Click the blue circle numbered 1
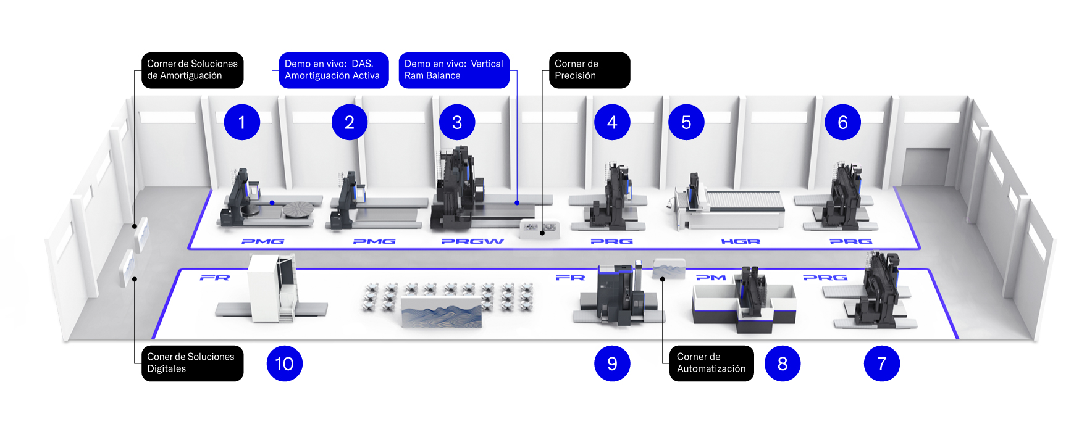point(241,122)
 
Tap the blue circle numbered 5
point(686,122)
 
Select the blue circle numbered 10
point(284,363)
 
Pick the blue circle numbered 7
point(881,363)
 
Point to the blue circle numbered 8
point(782,363)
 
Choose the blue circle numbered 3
point(457,122)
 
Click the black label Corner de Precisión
point(589,70)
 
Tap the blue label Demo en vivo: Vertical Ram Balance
point(454,70)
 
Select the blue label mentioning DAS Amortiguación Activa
point(334,70)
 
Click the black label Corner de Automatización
point(711,363)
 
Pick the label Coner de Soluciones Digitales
point(192,363)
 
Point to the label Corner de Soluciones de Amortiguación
point(192,70)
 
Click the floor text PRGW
point(472,241)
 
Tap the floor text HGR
point(741,241)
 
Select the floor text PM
point(711,278)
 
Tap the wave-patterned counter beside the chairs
point(441,310)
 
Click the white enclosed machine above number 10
point(272,288)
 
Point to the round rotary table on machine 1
point(299,210)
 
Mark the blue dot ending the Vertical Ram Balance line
point(517,202)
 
